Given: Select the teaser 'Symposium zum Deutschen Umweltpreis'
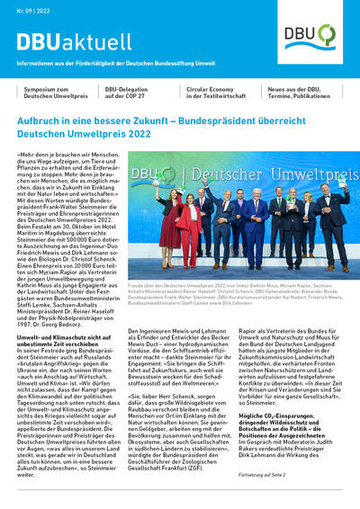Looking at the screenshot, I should pos(49,94).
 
